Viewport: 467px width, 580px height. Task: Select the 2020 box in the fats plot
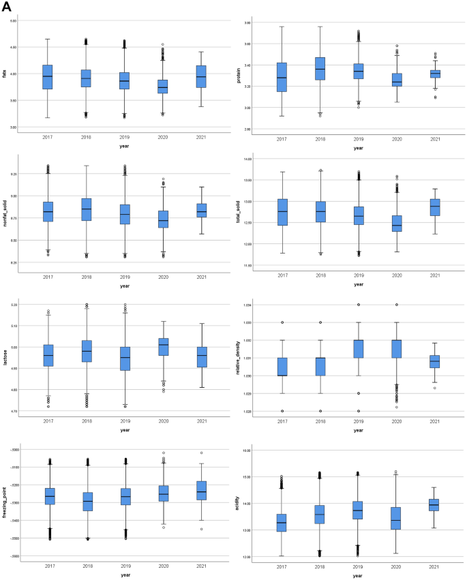tap(162, 87)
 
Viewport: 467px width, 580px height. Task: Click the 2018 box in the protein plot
tap(320, 69)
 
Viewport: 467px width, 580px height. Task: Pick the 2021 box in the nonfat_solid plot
tap(201, 210)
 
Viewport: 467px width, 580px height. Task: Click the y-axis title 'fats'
tap(5, 74)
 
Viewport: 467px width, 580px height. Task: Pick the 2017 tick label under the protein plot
tap(281, 139)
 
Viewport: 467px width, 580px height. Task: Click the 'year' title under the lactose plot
tap(124, 430)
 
